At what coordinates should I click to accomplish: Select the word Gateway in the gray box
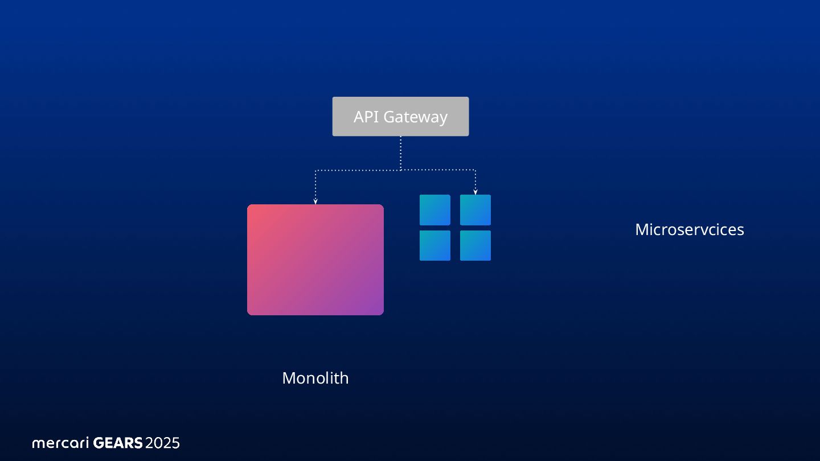pos(415,117)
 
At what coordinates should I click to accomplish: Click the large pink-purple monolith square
pos(315,260)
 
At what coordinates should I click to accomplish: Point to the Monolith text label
pos(315,378)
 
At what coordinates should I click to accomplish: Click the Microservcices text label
pos(689,229)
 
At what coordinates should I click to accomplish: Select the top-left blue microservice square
pos(435,210)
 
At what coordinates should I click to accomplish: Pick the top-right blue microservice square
pos(475,210)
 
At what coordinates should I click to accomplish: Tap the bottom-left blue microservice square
pos(435,245)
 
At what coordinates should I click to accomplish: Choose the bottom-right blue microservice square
pos(475,245)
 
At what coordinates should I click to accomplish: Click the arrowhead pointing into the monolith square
pos(315,201)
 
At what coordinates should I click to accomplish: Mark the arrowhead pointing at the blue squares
pos(475,192)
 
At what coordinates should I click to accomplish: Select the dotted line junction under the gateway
pos(401,170)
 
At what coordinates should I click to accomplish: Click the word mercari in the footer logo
pos(60,443)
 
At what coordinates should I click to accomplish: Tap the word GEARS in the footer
pos(118,443)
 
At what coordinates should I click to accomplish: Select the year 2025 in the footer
pos(163,443)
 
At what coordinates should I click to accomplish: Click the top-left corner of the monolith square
pos(249,206)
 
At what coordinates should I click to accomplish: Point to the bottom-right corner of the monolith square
pos(382,313)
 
